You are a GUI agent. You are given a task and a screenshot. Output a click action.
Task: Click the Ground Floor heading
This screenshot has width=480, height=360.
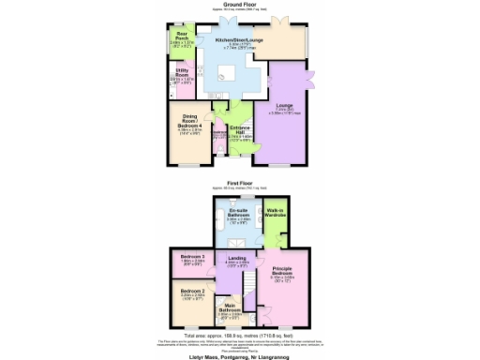point(239,5)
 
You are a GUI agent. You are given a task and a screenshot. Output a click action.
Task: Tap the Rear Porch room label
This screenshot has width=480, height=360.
point(181,38)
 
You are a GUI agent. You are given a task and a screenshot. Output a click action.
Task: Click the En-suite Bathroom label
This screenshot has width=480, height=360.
point(236,215)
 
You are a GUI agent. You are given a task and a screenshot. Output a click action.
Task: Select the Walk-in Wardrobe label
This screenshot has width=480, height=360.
point(274,214)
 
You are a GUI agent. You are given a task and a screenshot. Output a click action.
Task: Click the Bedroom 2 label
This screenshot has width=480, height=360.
point(192,292)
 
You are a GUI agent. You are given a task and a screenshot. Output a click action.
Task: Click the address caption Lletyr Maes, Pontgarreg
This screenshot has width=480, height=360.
point(239,353)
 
